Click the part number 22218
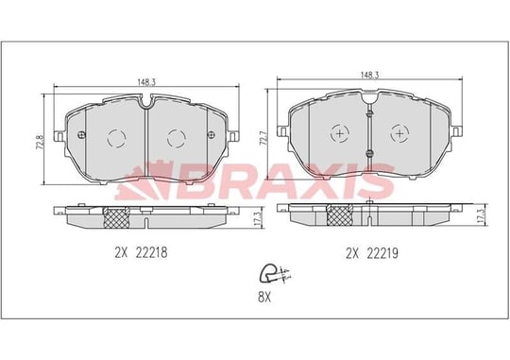[151, 252]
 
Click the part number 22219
[382, 253]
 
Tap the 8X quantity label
[264, 297]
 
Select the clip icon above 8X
[273, 273]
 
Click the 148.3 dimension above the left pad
[146, 82]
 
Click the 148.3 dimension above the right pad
[369, 75]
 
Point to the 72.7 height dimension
[263, 138]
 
